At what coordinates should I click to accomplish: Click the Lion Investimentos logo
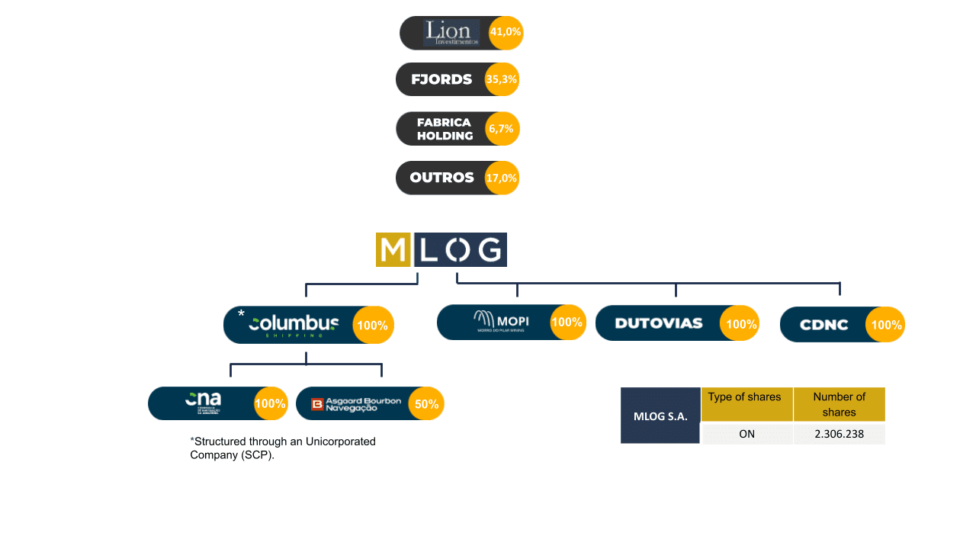pyautogui.click(x=451, y=33)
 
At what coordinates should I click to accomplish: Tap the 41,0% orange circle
pyautogui.click(x=506, y=33)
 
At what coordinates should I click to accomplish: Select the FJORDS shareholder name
pyautogui.click(x=441, y=79)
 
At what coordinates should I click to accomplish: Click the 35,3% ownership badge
pyautogui.click(x=502, y=79)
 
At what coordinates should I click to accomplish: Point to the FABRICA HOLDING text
pyautogui.click(x=445, y=129)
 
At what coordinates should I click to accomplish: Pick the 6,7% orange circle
pyautogui.click(x=501, y=129)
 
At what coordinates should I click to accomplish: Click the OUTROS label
pyautogui.click(x=441, y=178)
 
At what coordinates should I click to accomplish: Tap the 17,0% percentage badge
pyautogui.click(x=502, y=178)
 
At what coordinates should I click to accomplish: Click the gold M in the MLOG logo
pyautogui.click(x=393, y=249)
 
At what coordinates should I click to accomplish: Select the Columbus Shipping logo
pyautogui.click(x=294, y=325)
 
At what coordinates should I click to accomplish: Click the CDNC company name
pyautogui.click(x=823, y=325)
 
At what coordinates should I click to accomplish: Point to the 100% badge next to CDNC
pyautogui.click(x=886, y=325)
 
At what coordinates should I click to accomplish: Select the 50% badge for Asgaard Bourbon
pyautogui.click(x=426, y=404)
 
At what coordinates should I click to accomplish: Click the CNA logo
pyautogui.click(x=203, y=402)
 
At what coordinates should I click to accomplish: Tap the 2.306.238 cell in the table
pyautogui.click(x=839, y=434)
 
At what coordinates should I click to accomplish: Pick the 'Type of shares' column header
pyautogui.click(x=745, y=397)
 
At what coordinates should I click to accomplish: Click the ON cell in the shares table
pyautogui.click(x=746, y=434)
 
